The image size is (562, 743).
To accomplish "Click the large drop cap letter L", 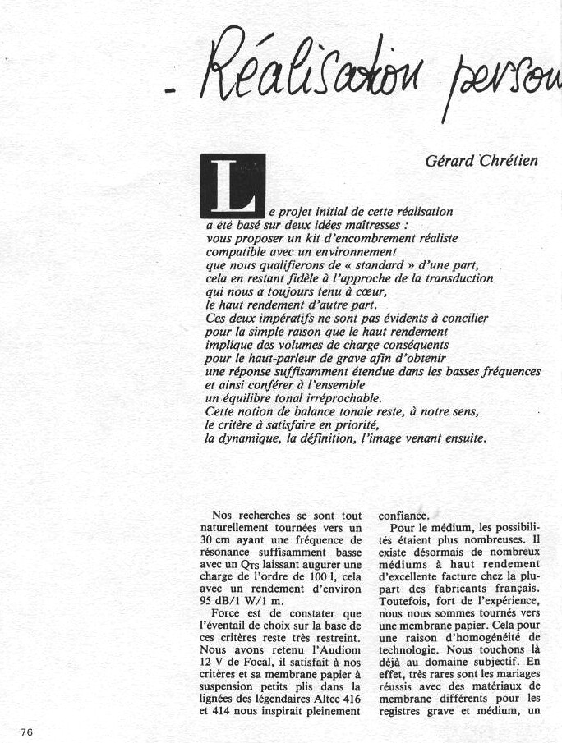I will click(233, 186).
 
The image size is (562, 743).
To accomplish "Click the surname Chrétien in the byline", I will click(504, 160).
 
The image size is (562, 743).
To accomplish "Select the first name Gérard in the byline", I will click(445, 160).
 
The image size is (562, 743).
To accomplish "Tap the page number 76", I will click(28, 732).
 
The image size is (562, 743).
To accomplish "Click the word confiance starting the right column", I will click(403, 516).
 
